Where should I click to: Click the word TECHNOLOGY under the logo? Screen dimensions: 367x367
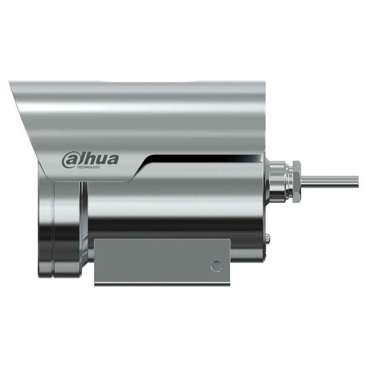[89, 167]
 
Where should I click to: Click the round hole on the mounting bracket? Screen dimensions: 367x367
[216, 266]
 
